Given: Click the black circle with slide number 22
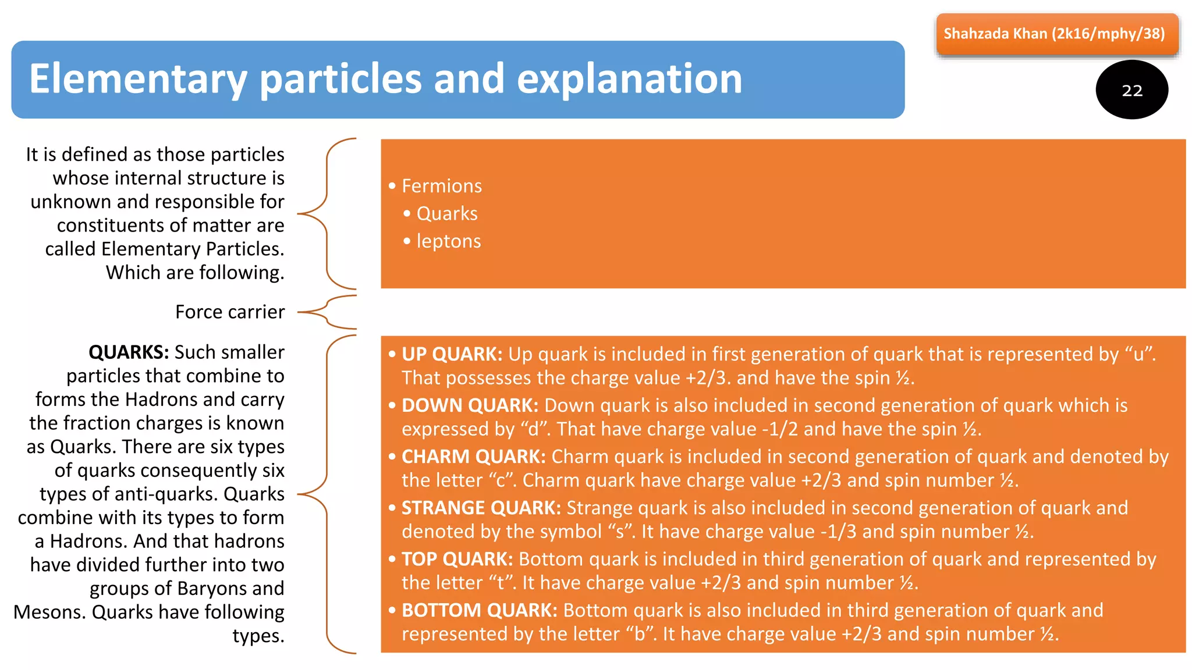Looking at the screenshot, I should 1131,90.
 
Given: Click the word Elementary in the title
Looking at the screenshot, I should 137,79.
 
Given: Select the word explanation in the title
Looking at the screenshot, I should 629,79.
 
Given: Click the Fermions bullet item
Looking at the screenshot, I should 441,186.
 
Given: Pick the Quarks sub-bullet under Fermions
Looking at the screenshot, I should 446,213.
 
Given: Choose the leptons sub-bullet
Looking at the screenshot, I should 448,241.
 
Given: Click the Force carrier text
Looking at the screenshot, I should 230,312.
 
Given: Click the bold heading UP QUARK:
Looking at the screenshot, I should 452,354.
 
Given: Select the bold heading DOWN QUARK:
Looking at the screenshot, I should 470,405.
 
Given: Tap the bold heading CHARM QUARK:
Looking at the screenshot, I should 473,457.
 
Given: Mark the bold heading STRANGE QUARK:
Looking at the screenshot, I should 481,508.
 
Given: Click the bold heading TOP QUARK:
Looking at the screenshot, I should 457,559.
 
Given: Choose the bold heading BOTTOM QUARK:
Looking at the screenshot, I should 479,610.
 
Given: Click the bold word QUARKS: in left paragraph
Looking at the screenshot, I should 129,352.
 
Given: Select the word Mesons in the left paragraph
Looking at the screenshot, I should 49,612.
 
